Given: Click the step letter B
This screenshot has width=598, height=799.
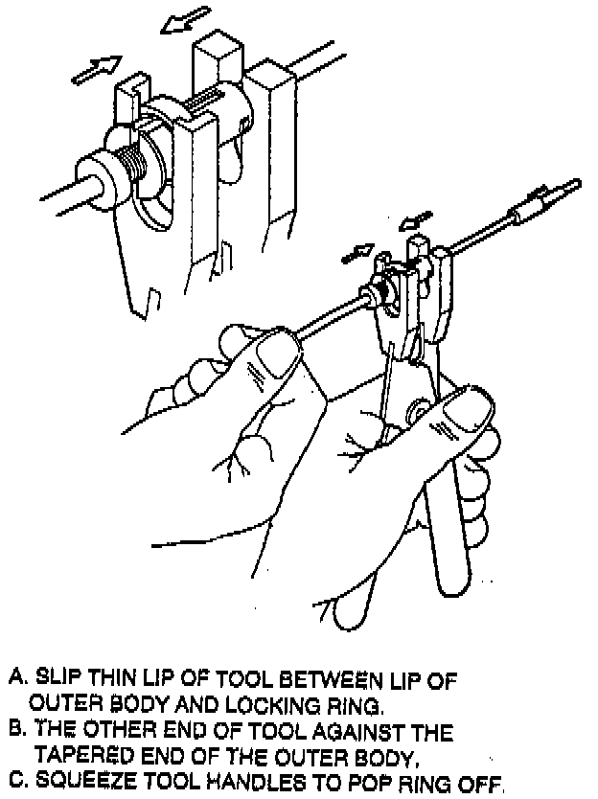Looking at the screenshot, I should [x=14, y=734].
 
